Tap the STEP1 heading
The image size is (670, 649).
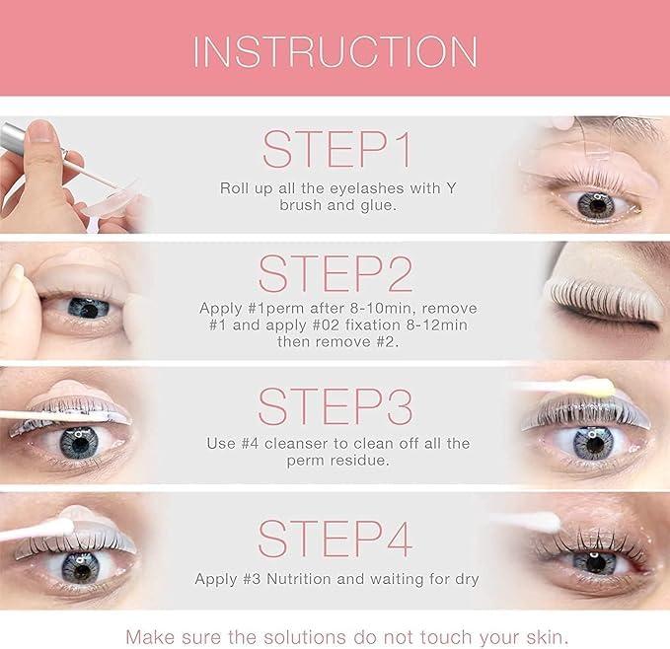(x=335, y=149)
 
